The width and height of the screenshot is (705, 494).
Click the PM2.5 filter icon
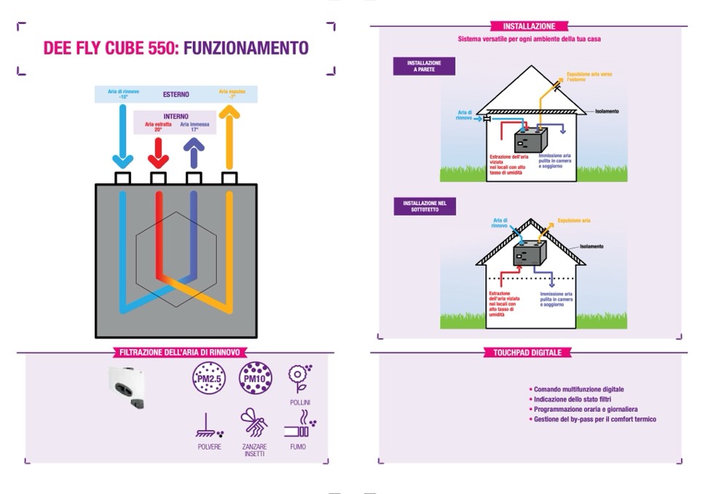[208, 379]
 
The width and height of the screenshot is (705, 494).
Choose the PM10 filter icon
[254, 379]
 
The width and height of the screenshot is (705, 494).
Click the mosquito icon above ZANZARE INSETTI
[254, 423]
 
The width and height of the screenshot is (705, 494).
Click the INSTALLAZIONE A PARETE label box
[425, 66]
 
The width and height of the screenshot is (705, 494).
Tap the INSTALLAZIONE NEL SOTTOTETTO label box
[425, 206]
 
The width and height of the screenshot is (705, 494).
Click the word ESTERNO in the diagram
[176, 94]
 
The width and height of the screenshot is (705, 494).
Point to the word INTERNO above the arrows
[176, 116]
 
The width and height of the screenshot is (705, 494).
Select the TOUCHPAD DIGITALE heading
[528, 353]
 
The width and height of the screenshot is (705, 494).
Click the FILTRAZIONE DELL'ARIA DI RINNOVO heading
[175, 353]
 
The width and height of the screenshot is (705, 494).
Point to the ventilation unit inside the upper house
[530, 140]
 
